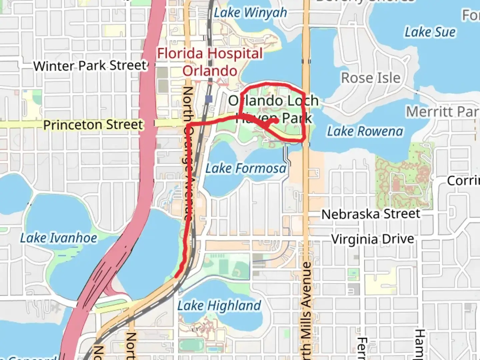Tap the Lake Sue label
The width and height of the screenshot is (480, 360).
tap(430, 32)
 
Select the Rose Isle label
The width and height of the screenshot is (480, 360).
tap(371, 78)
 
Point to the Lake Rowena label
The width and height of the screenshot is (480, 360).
tap(365, 131)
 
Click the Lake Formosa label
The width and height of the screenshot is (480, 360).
tap(246, 168)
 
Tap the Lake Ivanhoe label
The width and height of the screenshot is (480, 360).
tap(59, 238)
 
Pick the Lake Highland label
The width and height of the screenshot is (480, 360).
tap(219, 306)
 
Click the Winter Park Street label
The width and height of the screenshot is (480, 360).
tap(90, 66)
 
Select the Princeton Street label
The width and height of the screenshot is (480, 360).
tap(93, 125)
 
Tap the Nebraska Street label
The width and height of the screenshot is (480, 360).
tap(371, 214)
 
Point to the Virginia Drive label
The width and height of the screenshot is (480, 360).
tap(373, 239)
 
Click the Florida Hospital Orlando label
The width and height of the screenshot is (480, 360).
tap(210, 62)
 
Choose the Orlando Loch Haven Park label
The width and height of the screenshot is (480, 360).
tap(273, 109)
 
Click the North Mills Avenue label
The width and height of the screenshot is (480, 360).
tap(306, 310)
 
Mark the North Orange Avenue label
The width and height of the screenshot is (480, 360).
tap(188, 153)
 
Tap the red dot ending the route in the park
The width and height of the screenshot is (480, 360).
tap(276, 121)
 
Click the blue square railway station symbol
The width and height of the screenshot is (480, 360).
tap(209, 99)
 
